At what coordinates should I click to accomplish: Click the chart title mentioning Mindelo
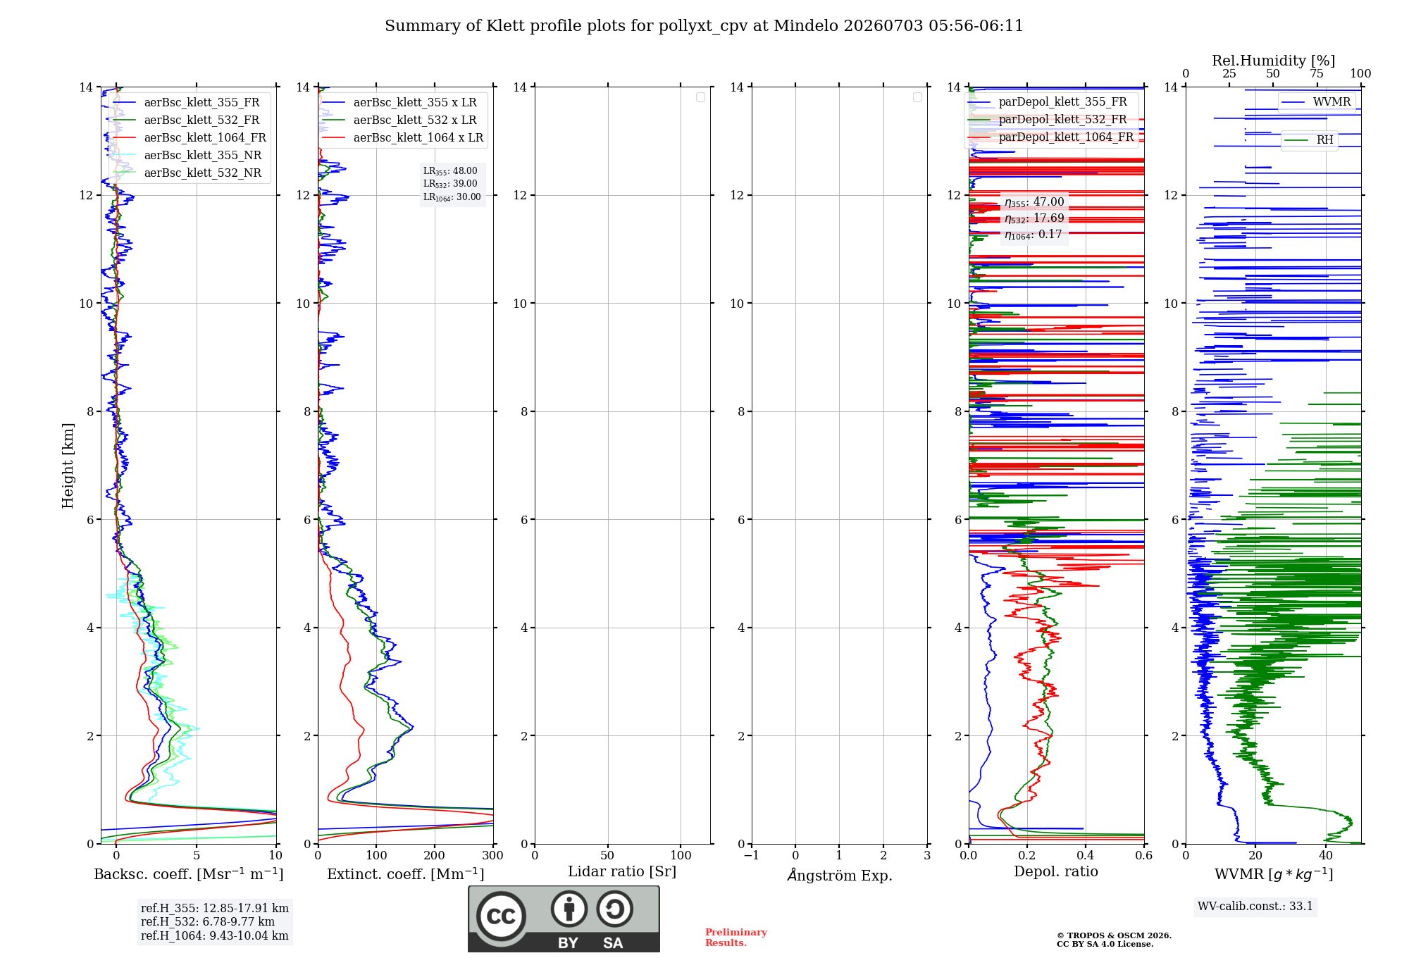(x=704, y=26)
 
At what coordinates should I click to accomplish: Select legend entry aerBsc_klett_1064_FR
(x=190, y=137)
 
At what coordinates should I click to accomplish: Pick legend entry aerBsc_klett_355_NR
(x=187, y=155)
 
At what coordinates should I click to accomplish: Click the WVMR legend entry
(x=1317, y=102)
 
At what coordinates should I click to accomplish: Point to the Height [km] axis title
(x=68, y=466)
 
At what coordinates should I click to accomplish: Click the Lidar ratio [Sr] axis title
(x=622, y=871)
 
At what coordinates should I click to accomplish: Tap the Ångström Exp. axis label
(x=840, y=874)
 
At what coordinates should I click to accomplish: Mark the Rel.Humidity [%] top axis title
(x=1274, y=61)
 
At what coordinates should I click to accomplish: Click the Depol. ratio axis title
(x=1056, y=871)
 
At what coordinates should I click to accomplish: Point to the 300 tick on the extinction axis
(x=493, y=855)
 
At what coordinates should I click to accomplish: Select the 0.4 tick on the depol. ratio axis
(x=1086, y=855)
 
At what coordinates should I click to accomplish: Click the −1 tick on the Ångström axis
(x=752, y=855)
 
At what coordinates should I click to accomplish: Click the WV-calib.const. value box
(x=1255, y=906)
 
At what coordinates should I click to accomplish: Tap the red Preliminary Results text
(x=736, y=938)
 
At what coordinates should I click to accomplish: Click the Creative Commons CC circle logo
(x=501, y=916)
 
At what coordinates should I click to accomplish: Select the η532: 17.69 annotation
(x=1034, y=218)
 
